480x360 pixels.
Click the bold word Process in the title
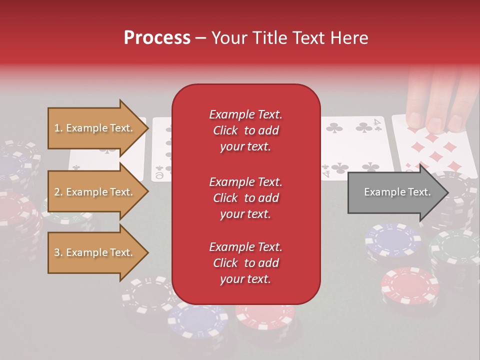(157, 38)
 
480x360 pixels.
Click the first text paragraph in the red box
(245, 130)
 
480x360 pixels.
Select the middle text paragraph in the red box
(245, 198)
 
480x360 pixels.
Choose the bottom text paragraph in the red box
(245, 263)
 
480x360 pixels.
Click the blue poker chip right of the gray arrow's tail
(392, 240)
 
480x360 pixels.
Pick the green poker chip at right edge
(456, 250)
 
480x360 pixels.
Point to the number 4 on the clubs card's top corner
(378, 123)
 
